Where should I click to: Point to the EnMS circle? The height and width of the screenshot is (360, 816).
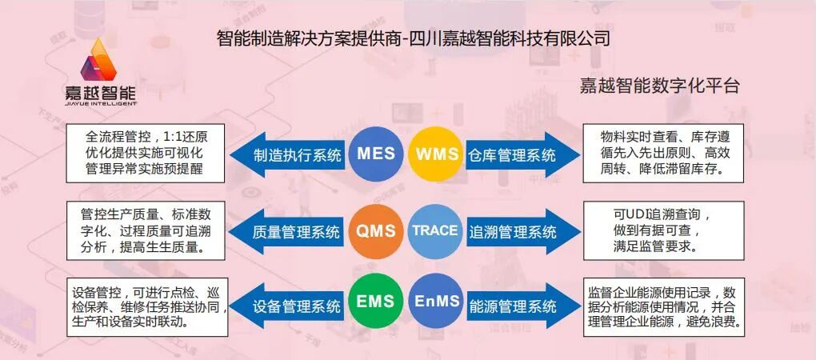[437, 305]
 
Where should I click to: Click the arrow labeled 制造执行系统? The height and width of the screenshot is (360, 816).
[288, 155]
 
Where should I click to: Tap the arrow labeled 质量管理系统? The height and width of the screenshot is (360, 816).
[288, 233]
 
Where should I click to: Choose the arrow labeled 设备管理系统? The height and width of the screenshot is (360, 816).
[288, 306]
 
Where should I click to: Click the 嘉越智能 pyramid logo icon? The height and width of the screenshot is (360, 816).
[101, 60]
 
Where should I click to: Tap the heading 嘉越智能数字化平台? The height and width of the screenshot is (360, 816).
[658, 86]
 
